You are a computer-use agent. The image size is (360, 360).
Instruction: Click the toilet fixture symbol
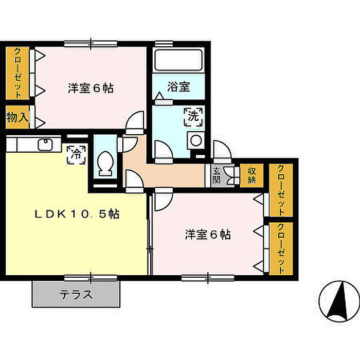[x=105, y=164]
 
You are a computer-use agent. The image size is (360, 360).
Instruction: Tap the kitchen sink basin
[x=45, y=145]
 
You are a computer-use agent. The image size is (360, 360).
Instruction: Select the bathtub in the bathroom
[x=178, y=60]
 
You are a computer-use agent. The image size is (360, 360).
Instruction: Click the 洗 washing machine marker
[x=193, y=117]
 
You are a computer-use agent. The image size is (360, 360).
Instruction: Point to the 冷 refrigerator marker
[x=76, y=155]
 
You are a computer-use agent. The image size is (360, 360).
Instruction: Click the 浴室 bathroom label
[x=178, y=86]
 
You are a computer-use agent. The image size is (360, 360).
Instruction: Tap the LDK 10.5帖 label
[x=77, y=214]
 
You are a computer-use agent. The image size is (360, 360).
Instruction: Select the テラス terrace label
[x=77, y=294]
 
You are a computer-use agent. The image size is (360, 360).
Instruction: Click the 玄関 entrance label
[x=217, y=176]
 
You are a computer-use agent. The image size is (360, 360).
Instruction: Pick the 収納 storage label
[x=251, y=175]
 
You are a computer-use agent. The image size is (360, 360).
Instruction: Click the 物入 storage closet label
[x=17, y=117]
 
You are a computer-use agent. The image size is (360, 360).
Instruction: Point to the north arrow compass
[x=339, y=302]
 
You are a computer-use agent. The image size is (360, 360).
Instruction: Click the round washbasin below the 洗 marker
[x=196, y=140]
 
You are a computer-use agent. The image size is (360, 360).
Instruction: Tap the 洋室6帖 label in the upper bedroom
[x=91, y=88]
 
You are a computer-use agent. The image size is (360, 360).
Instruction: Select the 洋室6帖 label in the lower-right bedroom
[x=208, y=235]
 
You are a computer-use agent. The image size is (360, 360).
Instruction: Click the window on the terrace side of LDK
[x=91, y=278]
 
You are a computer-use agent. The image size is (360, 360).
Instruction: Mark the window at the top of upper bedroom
[x=91, y=44]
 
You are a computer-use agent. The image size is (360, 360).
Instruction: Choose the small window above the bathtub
[x=164, y=44]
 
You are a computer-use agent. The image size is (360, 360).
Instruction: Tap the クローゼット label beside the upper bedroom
[x=17, y=73]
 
